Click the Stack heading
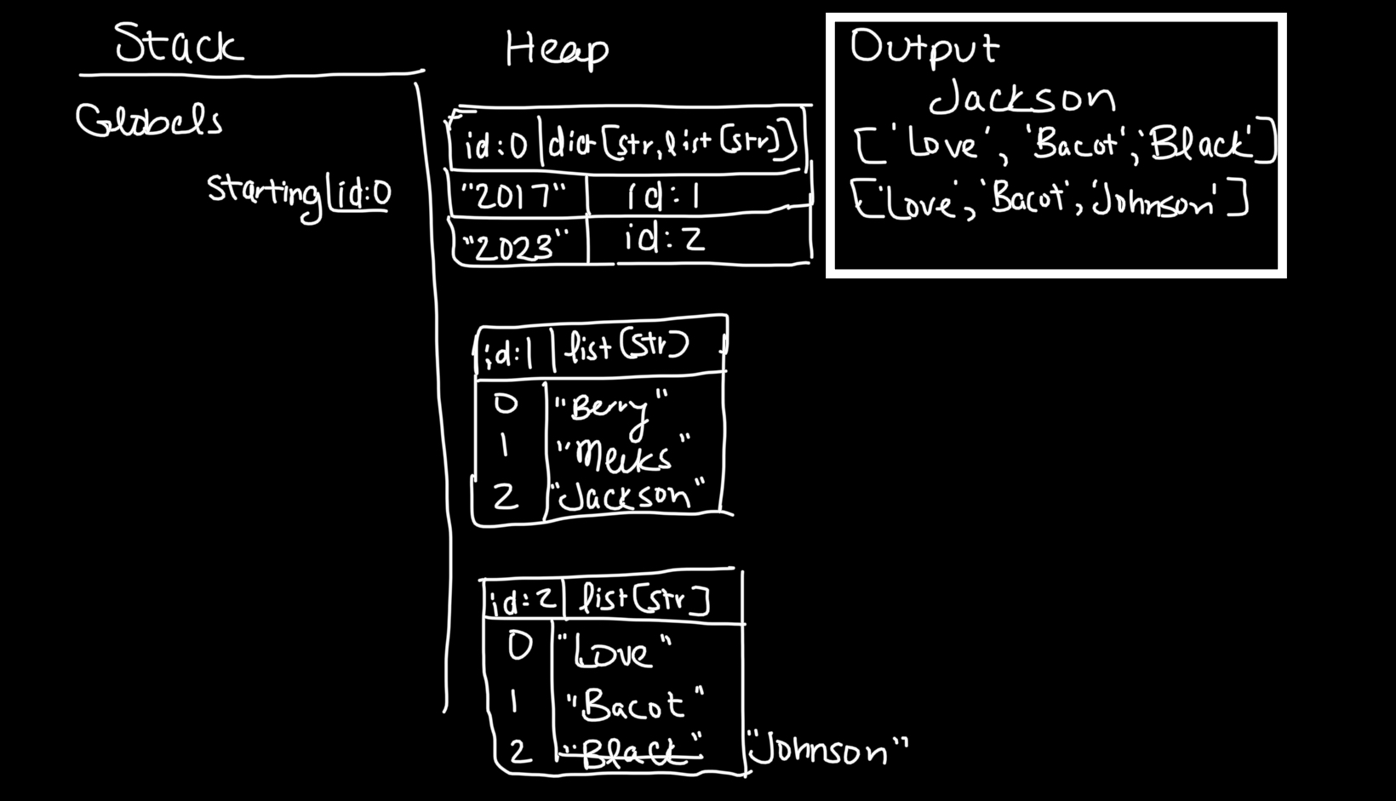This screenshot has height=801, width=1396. click(180, 44)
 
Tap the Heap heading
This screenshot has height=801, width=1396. click(557, 49)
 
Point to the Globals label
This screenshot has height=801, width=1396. click(149, 122)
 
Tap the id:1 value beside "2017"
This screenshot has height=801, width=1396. click(664, 197)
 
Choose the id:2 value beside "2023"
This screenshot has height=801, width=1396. click(664, 240)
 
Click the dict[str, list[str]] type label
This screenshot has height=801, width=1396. click(672, 144)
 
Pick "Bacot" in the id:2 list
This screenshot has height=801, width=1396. click(634, 706)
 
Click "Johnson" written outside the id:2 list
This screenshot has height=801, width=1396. click(827, 752)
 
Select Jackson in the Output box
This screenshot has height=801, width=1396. click(1021, 98)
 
